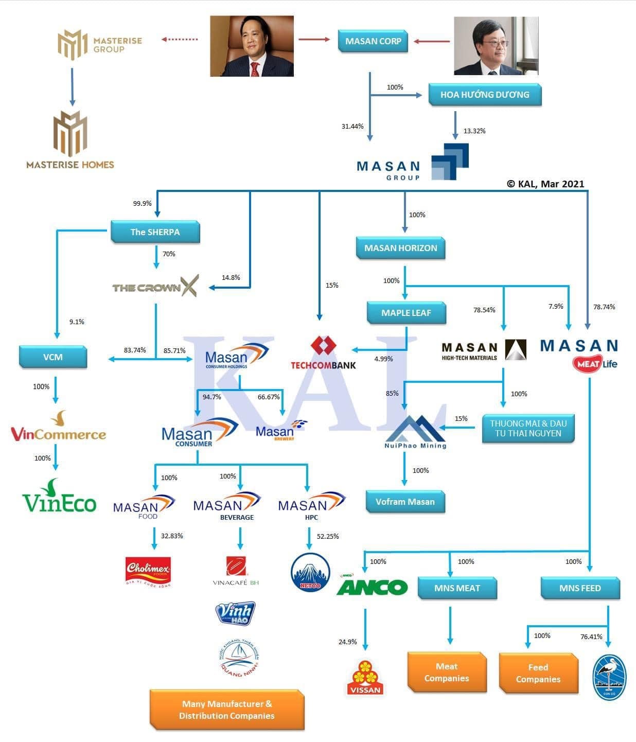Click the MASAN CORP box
click(373, 41)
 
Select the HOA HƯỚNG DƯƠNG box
click(484, 95)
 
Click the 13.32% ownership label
click(474, 131)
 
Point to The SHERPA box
click(155, 232)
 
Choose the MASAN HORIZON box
click(400, 248)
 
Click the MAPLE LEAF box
click(406, 313)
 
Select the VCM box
click(52, 357)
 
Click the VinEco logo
click(59, 497)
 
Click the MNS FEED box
click(580, 588)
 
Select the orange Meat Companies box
click(446, 673)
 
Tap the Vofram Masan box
click(405, 502)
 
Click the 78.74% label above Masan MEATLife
click(604, 307)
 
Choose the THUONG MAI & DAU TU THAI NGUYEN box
click(528, 429)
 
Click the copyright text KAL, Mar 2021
click(545, 184)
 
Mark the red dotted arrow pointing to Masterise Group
click(180, 40)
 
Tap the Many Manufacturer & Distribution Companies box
click(226, 710)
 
